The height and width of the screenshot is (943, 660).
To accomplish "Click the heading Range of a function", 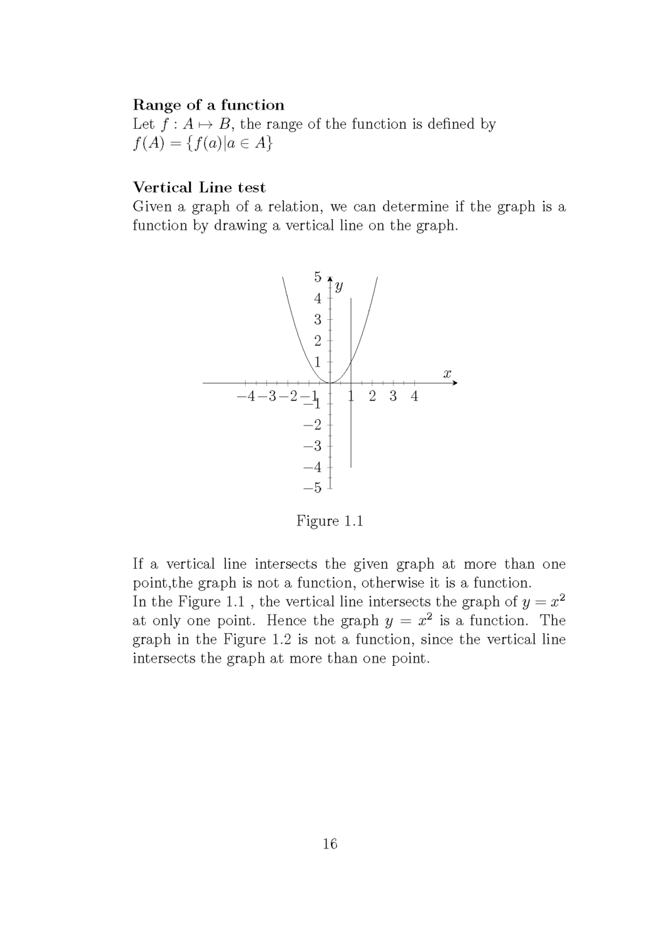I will pos(208,105).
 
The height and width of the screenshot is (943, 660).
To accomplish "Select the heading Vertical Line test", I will pos(199,188).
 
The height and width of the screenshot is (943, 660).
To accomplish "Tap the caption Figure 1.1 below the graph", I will pos(330,521).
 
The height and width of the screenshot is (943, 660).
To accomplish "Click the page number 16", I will pos(330,844).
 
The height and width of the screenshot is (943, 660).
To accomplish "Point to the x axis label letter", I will pos(447,374).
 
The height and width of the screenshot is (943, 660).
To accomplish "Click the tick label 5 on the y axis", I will pos(318,276).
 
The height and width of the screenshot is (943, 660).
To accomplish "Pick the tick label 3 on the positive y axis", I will pos(318,320).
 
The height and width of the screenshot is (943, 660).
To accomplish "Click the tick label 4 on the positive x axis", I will pos(414,396).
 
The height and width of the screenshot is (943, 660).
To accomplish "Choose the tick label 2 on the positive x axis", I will pos(372,396).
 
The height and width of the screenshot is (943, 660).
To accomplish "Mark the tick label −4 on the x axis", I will pos(246,396).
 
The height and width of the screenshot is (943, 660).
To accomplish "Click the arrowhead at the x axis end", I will pos(454,382).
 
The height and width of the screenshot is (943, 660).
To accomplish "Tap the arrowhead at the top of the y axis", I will pos(330,278).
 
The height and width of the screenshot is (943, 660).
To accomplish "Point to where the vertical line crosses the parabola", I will pos(351,362).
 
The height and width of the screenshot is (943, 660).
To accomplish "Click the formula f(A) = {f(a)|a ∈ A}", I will pos(202,143).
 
